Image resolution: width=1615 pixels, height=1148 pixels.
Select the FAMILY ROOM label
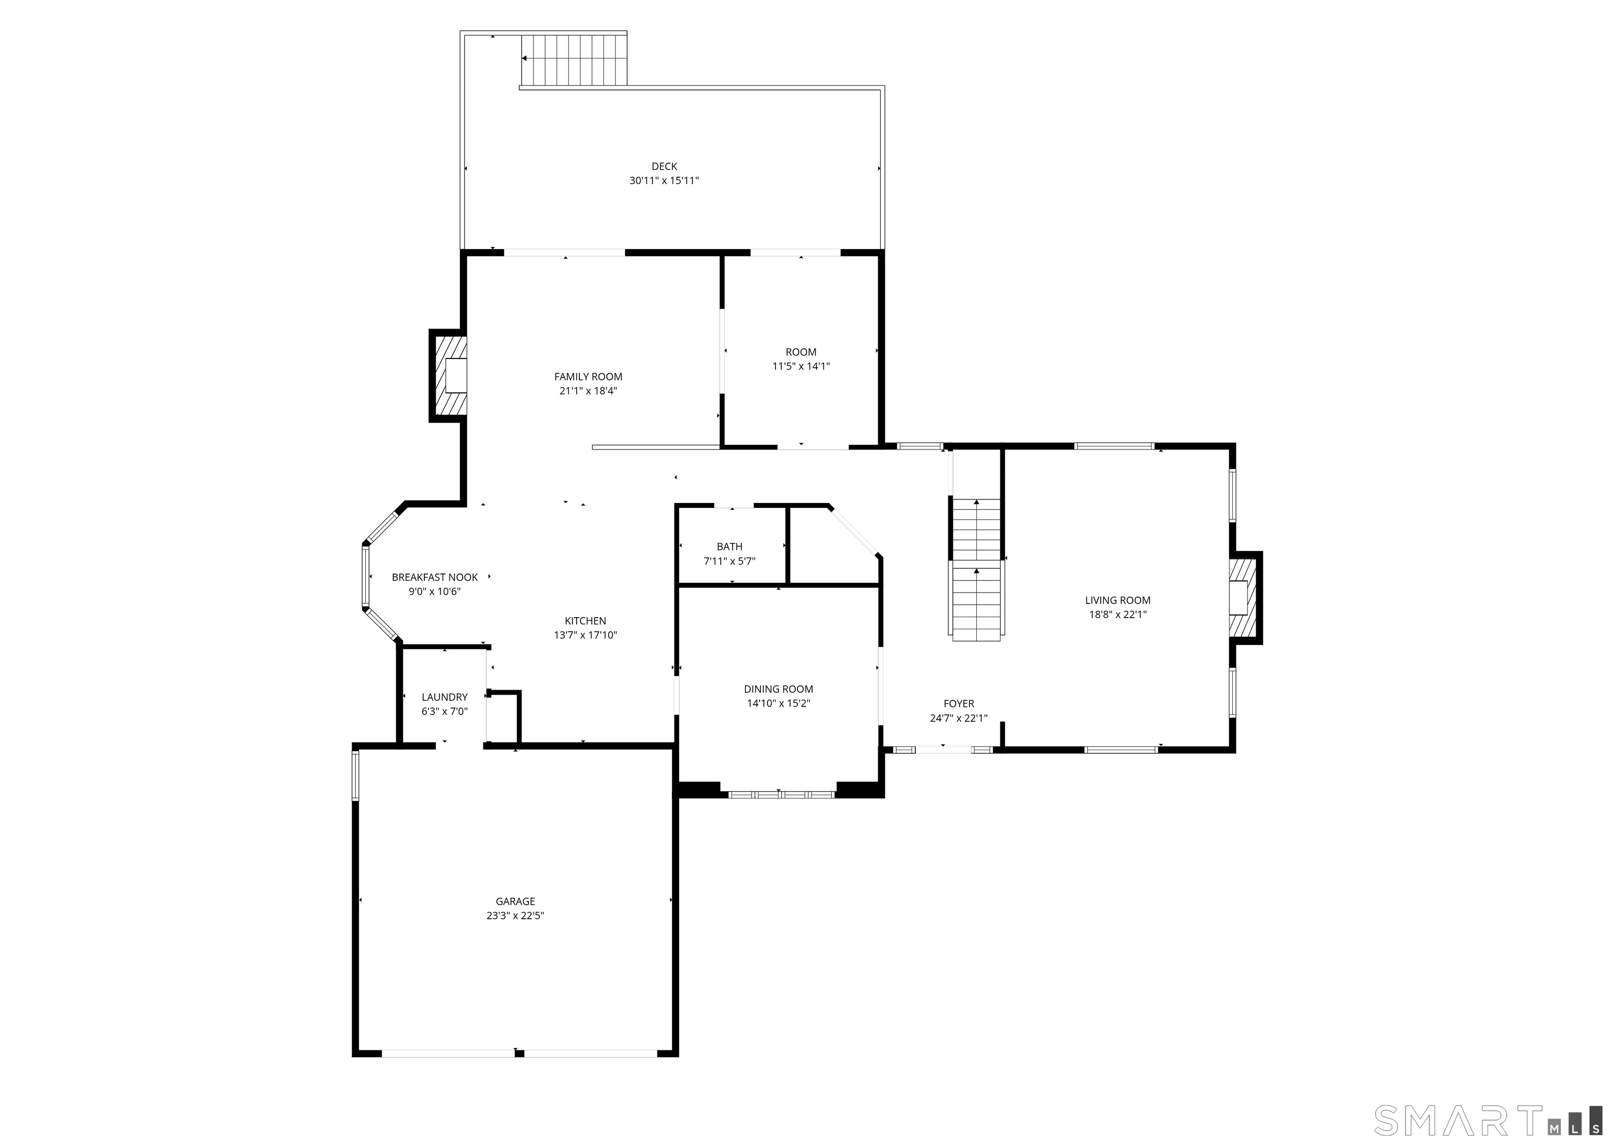588,377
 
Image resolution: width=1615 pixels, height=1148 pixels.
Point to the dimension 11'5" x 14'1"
801,366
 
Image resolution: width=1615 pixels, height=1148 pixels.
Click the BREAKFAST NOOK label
435,578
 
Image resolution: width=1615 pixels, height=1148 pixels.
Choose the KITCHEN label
585,621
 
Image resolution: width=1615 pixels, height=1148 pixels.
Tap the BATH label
729,547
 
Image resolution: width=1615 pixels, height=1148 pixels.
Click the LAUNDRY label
445,697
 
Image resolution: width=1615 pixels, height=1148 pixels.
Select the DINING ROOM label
778,689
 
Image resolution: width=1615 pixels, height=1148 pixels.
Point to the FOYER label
958,703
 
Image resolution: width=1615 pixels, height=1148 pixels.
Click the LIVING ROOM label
1118,600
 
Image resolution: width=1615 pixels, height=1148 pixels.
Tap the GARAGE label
515,901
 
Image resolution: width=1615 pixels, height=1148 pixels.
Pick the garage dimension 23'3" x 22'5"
515,916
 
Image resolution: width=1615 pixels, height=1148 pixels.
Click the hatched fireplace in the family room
450,375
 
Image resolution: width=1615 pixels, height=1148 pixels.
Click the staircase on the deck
574,59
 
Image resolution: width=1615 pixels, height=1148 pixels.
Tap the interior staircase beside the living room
976,569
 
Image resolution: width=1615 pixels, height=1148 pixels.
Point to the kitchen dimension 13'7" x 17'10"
585,635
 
